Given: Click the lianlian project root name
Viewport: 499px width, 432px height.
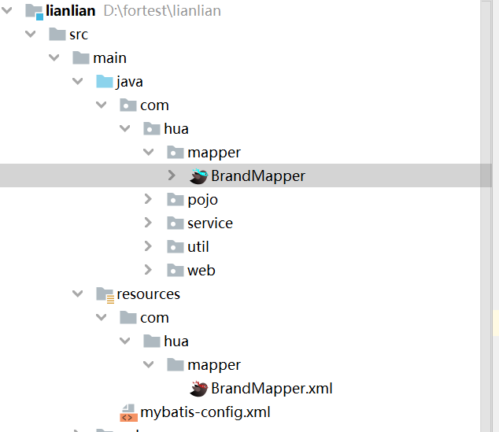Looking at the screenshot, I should [x=72, y=11].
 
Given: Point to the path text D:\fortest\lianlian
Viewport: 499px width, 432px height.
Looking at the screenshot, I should [x=162, y=11].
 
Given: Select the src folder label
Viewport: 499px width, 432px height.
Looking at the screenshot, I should [x=78, y=35].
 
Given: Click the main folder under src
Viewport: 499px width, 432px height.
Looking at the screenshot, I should [x=109, y=58].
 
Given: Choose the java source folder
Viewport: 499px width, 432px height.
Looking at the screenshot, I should [x=129, y=82].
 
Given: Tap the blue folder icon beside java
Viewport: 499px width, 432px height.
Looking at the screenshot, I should [x=104, y=82].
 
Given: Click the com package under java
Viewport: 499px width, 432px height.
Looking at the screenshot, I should [x=154, y=105].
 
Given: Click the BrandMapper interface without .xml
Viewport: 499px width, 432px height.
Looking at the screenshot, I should [x=257, y=176].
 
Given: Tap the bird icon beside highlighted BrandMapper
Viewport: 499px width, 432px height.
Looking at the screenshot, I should [x=198, y=176].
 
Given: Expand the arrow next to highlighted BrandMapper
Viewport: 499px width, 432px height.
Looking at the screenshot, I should [x=172, y=176].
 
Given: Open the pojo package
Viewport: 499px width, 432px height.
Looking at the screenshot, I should [x=202, y=200].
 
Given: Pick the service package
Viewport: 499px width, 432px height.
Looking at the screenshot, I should [x=209, y=223].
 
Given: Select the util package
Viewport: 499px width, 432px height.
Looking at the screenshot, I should [x=198, y=247].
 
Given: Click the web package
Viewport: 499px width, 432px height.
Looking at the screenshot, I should [x=201, y=271].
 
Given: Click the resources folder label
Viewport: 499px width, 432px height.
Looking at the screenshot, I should [x=148, y=294].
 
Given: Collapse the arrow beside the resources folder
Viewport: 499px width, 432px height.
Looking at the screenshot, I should [x=77, y=294].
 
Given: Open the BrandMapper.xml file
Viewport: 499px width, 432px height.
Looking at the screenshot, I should [x=272, y=389].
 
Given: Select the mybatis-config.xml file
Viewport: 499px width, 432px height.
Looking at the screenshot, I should [x=205, y=412].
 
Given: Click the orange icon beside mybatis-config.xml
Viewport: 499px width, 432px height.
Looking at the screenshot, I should [x=128, y=412].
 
